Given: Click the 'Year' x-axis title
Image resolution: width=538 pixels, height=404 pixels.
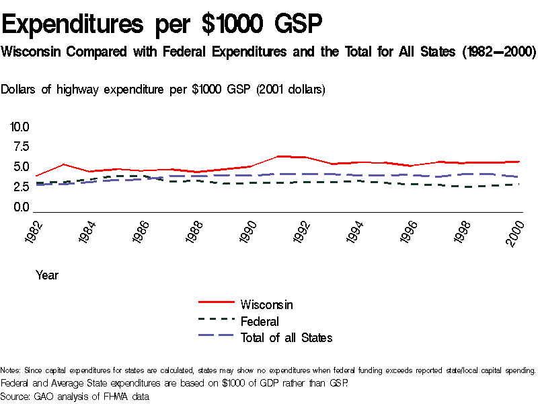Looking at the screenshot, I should tap(47, 275).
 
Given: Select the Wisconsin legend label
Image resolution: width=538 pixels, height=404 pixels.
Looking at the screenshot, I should tap(266, 305).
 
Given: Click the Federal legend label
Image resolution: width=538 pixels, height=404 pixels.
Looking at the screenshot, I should tap(260, 321).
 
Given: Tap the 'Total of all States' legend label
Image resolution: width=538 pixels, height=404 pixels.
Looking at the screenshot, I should tap(286, 337).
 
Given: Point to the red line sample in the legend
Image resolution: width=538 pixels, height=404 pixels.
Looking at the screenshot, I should tap(216, 304).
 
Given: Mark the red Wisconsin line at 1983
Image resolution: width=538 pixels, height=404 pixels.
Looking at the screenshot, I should tap(63, 164).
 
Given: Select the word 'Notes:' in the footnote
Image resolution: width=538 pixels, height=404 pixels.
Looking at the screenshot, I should tap(11, 370).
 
